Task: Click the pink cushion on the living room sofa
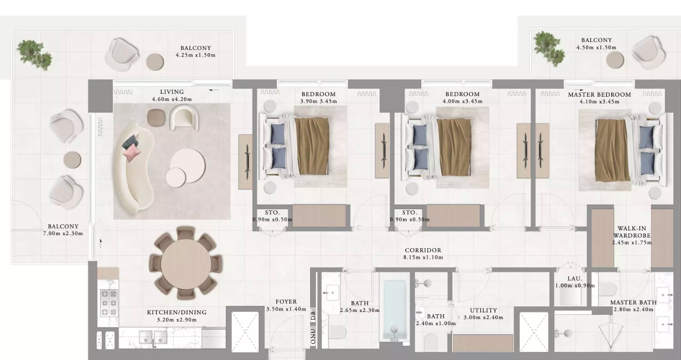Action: point(131,152)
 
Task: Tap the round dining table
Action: point(186,263)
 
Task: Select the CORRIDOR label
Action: point(423,250)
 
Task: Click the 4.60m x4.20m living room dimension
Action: point(172,99)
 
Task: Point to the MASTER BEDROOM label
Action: point(599,95)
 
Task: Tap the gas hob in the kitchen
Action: point(109,303)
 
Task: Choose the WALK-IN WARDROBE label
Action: point(632,232)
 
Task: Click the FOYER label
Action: point(286,302)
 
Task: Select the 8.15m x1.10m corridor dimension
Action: point(423,258)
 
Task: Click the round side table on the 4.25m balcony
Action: point(155,62)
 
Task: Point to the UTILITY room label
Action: point(484,311)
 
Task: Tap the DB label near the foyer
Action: point(313,316)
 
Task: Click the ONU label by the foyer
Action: point(313,336)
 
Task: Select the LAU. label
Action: point(575,278)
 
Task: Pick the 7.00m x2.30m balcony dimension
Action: point(63,234)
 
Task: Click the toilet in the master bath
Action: point(607,289)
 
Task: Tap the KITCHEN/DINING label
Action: point(177,312)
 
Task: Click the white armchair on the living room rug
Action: point(184,117)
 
